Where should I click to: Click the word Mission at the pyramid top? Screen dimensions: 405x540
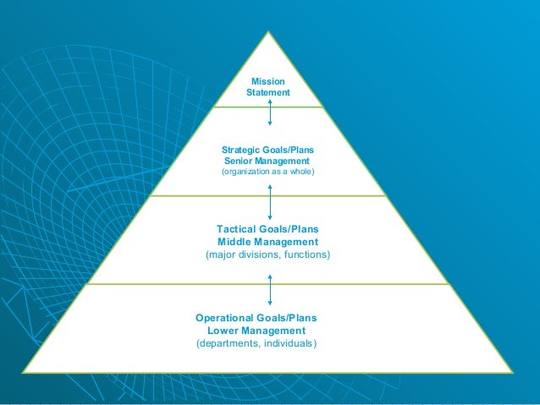pyautogui.click(x=267, y=81)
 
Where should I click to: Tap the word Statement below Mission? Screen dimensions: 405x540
pyautogui.click(x=267, y=92)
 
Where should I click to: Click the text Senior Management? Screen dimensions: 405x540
pyautogui.click(x=267, y=161)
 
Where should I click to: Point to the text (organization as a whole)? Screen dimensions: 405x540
pyautogui.click(x=267, y=172)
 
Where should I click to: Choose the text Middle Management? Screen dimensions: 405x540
pyautogui.click(x=267, y=242)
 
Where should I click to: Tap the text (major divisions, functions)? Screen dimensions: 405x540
pyautogui.click(x=267, y=254)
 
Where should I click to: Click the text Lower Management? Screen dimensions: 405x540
pyautogui.click(x=256, y=331)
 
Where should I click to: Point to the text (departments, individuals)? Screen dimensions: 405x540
pyautogui.click(x=256, y=343)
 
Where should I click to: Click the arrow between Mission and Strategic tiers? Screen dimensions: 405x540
pyautogui.click(x=270, y=111)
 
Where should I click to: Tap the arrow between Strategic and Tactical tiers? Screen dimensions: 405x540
pyautogui.click(x=270, y=200)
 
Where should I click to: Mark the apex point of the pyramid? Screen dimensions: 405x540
pyautogui.click(x=269, y=32)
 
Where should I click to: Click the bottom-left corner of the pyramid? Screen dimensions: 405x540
pyautogui.click(x=23, y=371)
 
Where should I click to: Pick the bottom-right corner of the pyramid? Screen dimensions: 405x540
pyautogui.click(x=512, y=371)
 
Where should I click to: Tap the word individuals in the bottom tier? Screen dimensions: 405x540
pyautogui.click(x=290, y=343)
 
